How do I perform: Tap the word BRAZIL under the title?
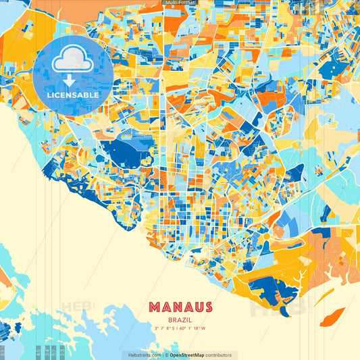click(x=180, y=319)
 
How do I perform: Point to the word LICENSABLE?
click(x=73, y=95)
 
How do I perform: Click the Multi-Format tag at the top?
click(x=180, y=3)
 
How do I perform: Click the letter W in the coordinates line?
click(x=204, y=328)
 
